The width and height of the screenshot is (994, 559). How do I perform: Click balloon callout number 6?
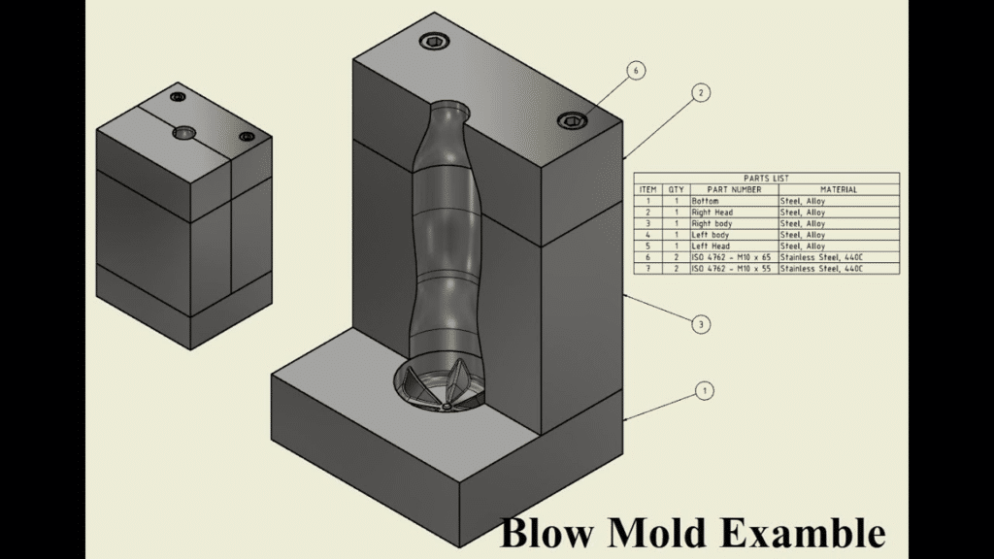(636, 71)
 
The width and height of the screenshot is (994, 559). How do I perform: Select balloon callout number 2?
(701, 93)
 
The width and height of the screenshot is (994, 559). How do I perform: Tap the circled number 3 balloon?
(701, 324)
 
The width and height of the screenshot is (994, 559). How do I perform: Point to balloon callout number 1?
(704, 391)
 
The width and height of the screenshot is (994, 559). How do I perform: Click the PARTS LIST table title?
(767, 178)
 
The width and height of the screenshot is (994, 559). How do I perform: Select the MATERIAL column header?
(838, 189)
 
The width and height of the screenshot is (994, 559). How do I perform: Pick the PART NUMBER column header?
(733, 189)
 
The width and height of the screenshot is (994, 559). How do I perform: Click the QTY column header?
(676, 189)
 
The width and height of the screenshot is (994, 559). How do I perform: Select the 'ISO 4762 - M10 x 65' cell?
(732, 257)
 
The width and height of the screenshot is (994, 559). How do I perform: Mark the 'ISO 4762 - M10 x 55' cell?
(732, 269)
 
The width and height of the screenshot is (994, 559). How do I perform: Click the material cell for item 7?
(821, 269)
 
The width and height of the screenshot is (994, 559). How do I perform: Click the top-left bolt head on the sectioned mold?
(432, 41)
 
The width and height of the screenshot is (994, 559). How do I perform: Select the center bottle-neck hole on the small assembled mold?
(183, 132)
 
